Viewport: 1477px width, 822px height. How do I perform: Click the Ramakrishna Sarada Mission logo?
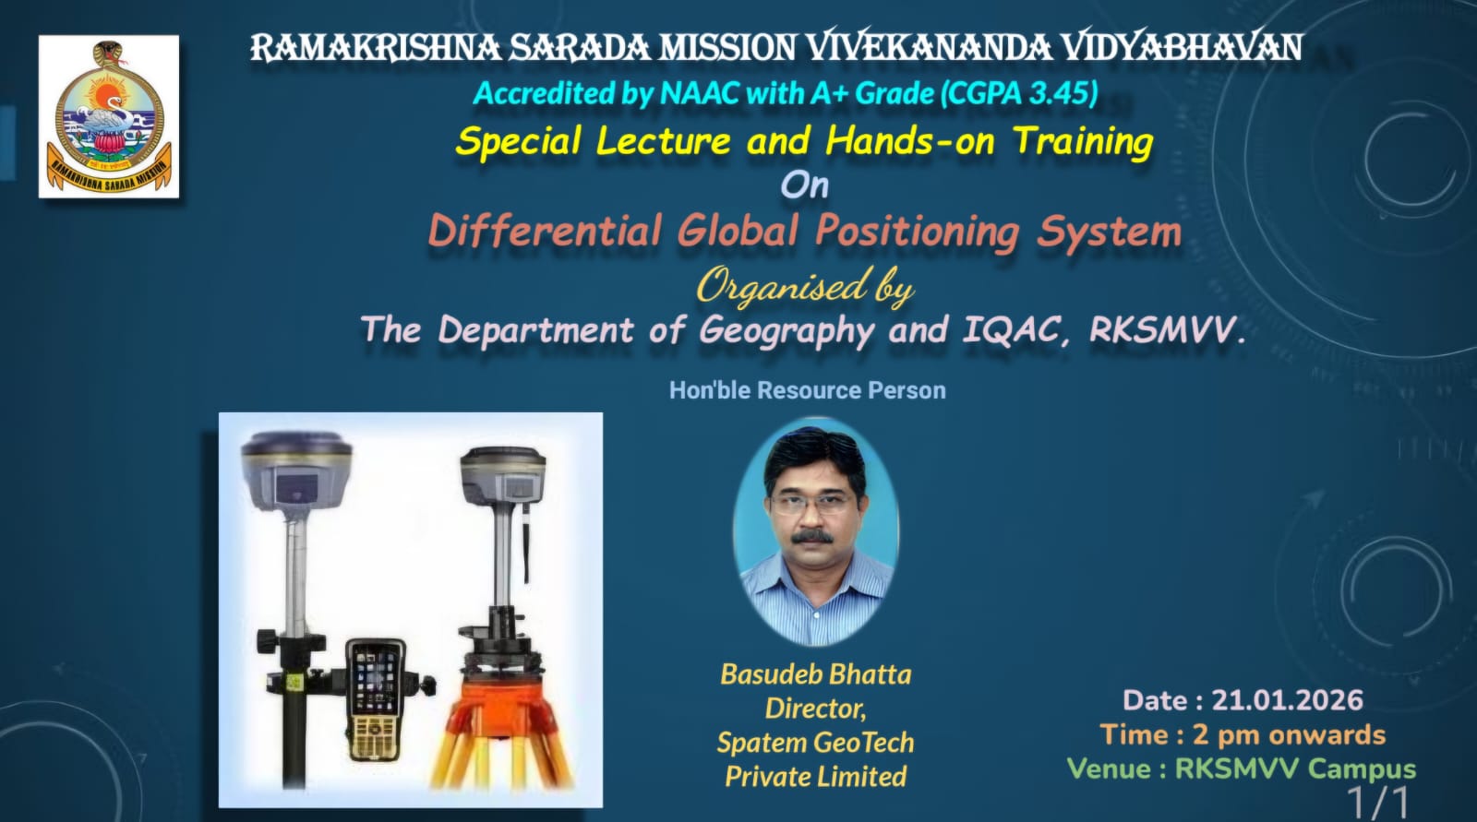[x=109, y=116]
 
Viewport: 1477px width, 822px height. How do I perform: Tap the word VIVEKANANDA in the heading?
[x=931, y=48]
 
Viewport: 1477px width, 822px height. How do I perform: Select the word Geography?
[x=787, y=331]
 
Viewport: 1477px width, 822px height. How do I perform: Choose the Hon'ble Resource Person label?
[x=808, y=390]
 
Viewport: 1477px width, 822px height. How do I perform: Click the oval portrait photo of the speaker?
[x=816, y=531]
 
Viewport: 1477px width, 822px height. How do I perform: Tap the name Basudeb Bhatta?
[x=816, y=674]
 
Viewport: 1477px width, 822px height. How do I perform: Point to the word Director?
[x=816, y=709]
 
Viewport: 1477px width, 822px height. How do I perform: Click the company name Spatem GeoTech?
[x=816, y=743]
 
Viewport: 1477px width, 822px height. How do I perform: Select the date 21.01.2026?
[x=1287, y=700]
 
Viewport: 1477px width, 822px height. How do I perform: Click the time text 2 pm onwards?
[x=1289, y=735]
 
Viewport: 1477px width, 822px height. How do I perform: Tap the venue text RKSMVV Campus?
[x=1296, y=769]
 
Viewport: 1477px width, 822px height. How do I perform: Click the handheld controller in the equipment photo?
[x=375, y=699]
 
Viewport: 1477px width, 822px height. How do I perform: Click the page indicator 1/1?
[x=1377, y=803]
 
